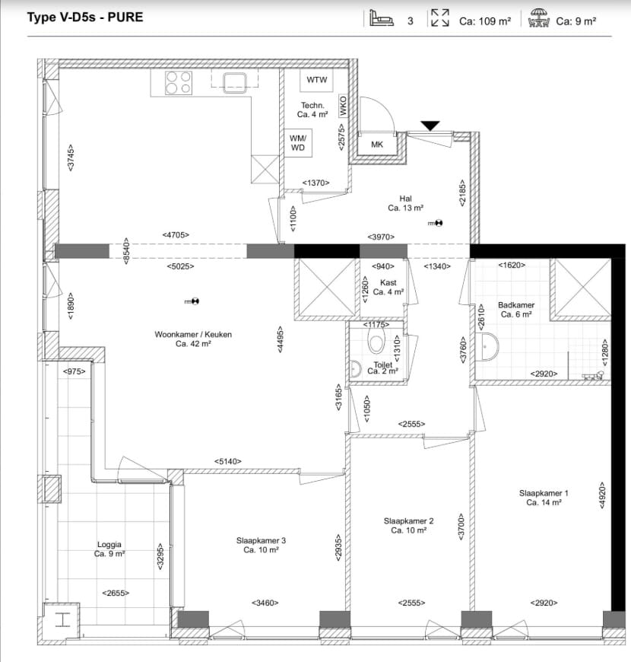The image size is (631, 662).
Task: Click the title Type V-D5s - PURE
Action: click(85, 18)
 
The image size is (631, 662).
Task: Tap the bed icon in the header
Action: click(382, 18)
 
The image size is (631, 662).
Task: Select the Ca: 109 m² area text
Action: click(485, 21)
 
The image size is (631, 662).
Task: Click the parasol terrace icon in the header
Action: click(538, 18)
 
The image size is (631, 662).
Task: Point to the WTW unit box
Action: click(317, 80)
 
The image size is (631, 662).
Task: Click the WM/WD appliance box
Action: click(298, 143)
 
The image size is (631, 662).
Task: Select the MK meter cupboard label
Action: click(377, 145)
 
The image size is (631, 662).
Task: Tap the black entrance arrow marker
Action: click(430, 126)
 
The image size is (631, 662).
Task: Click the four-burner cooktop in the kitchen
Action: click(179, 82)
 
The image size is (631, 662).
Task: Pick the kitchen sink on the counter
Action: click(235, 82)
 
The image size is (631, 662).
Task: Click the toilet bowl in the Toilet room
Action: click(376, 341)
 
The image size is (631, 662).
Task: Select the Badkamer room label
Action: click(516, 305)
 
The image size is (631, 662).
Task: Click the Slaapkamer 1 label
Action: click(544, 493)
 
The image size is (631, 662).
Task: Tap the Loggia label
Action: click(109, 545)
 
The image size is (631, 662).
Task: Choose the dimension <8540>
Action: click(126, 251)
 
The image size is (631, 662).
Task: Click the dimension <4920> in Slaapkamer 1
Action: click(602, 495)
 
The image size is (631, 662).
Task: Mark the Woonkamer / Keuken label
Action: click(193, 334)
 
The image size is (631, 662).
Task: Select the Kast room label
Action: click(388, 282)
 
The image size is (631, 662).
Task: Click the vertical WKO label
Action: click(343, 106)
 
